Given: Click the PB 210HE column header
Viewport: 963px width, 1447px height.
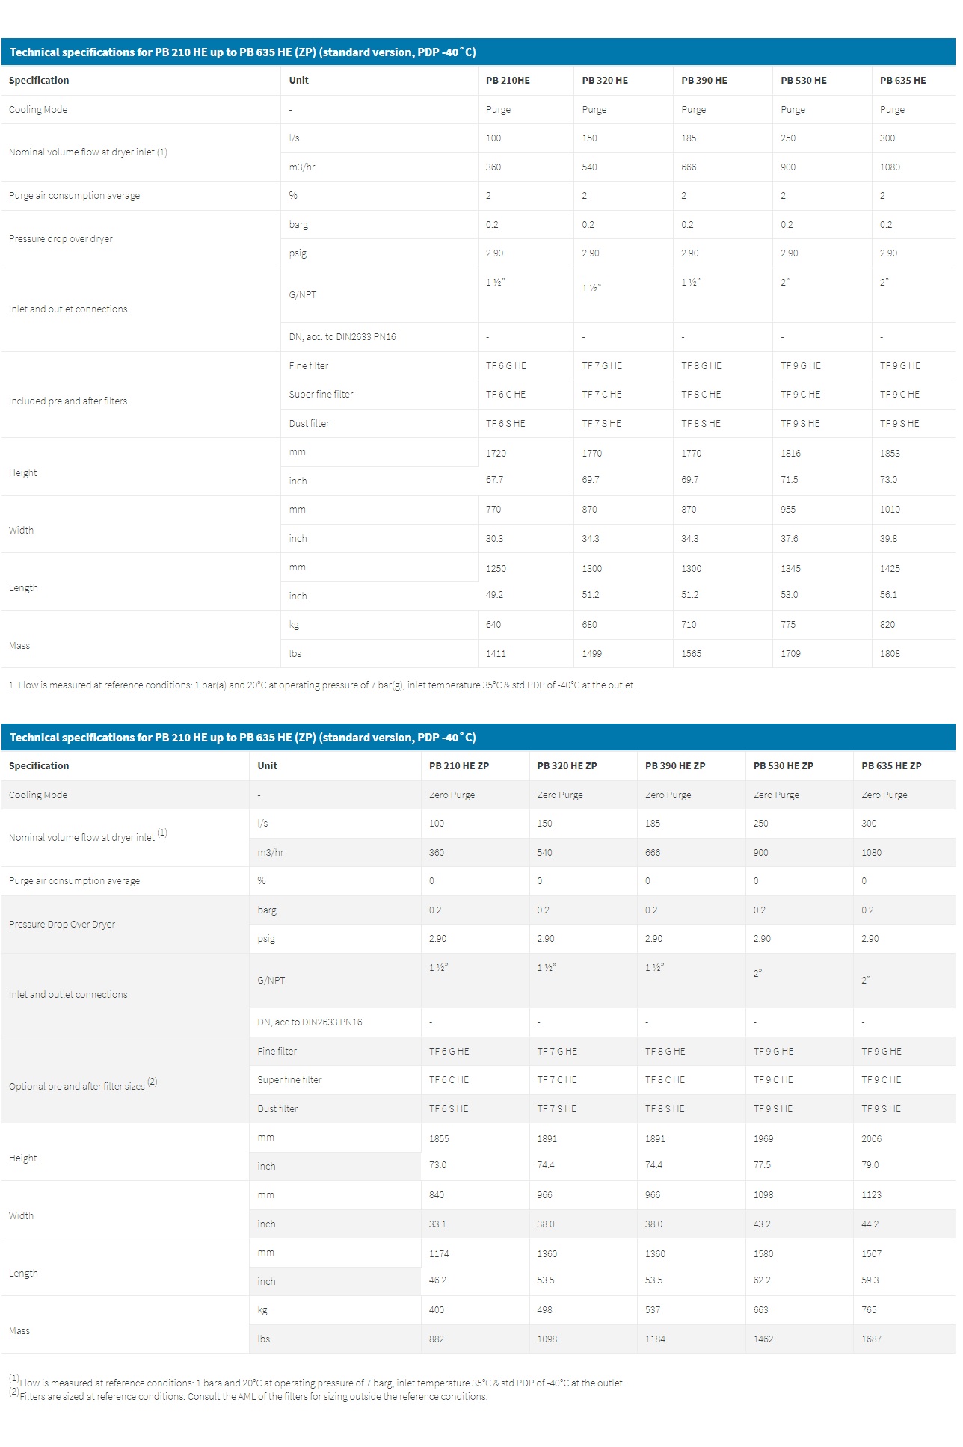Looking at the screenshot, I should (508, 81).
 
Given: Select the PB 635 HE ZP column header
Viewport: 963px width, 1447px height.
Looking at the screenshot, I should (891, 766).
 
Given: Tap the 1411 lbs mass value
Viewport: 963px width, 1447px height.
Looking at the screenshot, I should (496, 654).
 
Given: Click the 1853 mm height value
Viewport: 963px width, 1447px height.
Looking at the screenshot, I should (890, 454).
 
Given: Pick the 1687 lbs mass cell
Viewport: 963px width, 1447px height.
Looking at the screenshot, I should (871, 1339).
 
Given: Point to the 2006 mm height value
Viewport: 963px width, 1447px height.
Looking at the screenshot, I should (871, 1139).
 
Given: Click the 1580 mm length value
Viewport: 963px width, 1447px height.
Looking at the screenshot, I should (763, 1254).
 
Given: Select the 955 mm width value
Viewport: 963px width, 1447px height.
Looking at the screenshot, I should (788, 510).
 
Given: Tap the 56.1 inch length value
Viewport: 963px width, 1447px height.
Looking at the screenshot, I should (888, 595).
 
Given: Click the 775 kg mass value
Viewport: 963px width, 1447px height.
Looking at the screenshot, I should (788, 625).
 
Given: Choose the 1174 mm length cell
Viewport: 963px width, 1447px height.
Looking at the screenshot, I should (439, 1254).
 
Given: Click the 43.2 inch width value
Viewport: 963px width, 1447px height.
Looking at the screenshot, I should (762, 1224).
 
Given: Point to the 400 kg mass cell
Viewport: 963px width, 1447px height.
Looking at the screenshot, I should (437, 1310).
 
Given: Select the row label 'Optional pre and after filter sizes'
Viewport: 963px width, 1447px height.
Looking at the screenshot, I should (77, 1087).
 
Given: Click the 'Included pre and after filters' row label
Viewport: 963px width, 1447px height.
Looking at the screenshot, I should (68, 401).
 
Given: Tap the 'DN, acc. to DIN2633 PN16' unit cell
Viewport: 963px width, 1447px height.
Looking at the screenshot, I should (342, 337).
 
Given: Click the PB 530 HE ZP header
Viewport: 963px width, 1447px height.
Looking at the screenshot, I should (783, 766).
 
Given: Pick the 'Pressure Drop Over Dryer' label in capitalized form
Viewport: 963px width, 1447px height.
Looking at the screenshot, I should (62, 925).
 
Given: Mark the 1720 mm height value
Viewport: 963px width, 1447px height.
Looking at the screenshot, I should (496, 454).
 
